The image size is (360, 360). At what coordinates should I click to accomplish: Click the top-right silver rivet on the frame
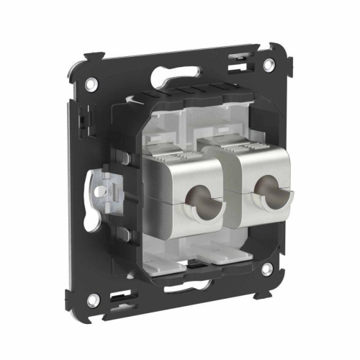(x=267, y=65)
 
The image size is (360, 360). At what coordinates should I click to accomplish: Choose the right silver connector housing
(x=263, y=191)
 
